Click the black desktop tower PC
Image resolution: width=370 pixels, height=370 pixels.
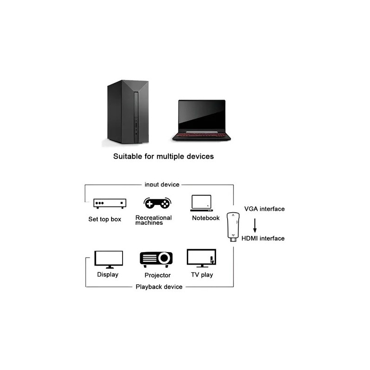128,113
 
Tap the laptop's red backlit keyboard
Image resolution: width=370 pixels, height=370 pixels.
201,136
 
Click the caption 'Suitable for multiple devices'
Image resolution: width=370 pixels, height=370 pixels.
164,156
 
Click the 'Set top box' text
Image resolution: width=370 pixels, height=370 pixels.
105,219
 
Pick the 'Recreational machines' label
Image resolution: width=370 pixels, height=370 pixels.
153,220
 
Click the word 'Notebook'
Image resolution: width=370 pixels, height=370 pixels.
206,218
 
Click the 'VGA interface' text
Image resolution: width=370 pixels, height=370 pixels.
264,209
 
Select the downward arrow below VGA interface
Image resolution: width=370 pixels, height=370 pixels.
255,225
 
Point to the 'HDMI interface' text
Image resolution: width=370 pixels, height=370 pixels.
264,239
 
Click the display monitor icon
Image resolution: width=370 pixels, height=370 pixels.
108,259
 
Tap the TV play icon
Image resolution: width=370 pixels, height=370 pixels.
202,259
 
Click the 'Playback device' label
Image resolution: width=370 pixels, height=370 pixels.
159,287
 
